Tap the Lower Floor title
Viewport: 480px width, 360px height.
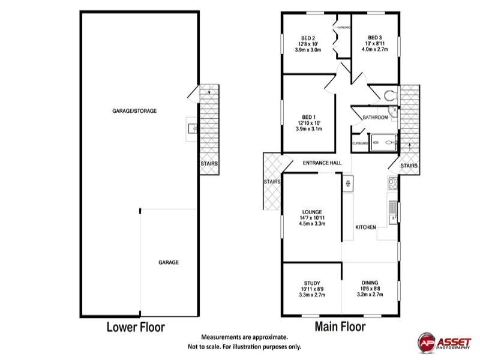pyautogui.click(x=136, y=327)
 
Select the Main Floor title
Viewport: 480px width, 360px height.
pyautogui.click(x=340, y=327)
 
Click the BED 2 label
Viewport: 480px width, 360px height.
pyautogui.click(x=309, y=37)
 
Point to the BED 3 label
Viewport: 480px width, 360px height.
pyautogui.click(x=375, y=37)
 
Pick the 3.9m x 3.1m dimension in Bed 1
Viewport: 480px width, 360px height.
pyautogui.click(x=308, y=129)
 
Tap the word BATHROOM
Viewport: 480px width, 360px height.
pyautogui.click(x=375, y=118)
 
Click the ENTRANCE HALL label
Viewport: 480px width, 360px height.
pyautogui.click(x=322, y=163)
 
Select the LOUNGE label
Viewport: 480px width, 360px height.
pyautogui.click(x=312, y=212)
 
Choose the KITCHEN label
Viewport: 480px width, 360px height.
pyautogui.click(x=365, y=227)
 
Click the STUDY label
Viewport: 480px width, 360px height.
pyautogui.click(x=311, y=283)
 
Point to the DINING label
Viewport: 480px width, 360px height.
pyautogui.click(x=370, y=283)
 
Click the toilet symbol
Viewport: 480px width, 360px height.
pyautogui.click(x=391, y=94)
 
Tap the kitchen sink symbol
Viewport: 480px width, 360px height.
pyautogui.click(x=392, y=212)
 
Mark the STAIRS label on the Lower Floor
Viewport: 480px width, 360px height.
pyautogui.click(x=209, y=163)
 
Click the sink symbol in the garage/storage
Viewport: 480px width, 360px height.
pyautogui.click(x=191, y=127)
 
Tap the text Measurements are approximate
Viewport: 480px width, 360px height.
pyautogui.click(x=244, y=338)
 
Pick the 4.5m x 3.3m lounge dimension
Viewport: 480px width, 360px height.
pyautogui.click(x=312, y=224)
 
